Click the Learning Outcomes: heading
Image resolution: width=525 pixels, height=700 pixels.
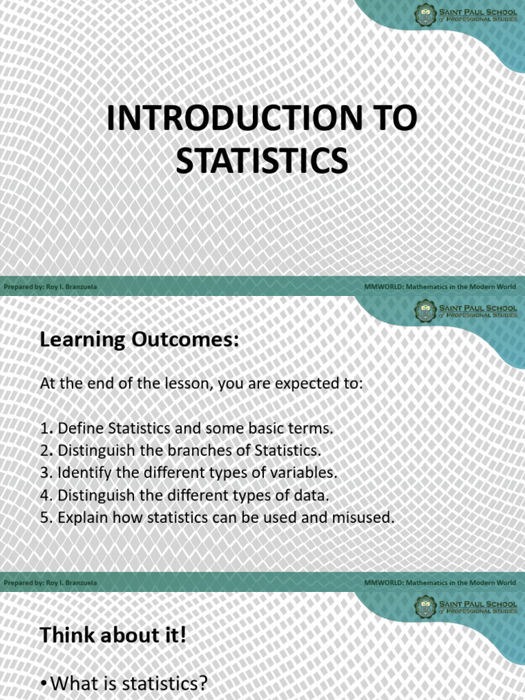coord(139,340)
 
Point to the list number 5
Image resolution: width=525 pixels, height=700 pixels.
coord(45,517)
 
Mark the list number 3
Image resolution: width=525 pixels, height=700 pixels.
coord(45,473)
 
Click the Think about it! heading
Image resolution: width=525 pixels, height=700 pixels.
coord(113,636)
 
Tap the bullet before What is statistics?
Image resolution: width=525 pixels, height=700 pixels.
coord(44,684)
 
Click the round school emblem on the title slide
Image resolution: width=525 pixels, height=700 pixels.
coord(425,14)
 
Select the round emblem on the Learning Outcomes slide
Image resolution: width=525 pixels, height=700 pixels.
coord(425,310)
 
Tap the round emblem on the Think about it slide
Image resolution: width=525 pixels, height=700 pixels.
coord(425,606)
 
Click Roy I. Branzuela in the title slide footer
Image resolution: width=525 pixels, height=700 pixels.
coord(71,287)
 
